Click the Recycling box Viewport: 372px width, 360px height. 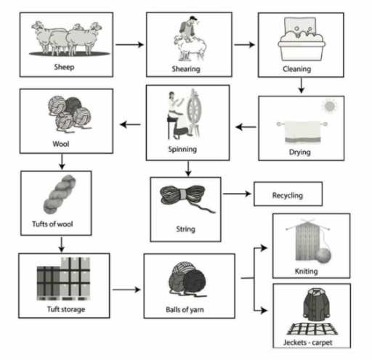point(287,195)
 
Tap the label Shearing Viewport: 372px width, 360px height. point(186,68)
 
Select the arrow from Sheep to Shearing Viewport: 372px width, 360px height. point(130,45)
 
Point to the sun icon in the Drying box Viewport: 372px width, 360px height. point(331,107)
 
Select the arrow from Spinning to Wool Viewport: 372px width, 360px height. point(130,125)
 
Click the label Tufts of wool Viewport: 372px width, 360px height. point(56,224)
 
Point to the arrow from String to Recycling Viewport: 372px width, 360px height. point(237,195)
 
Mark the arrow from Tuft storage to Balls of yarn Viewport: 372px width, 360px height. point(126,290)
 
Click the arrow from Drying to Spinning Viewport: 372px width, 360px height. point(247,126)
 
